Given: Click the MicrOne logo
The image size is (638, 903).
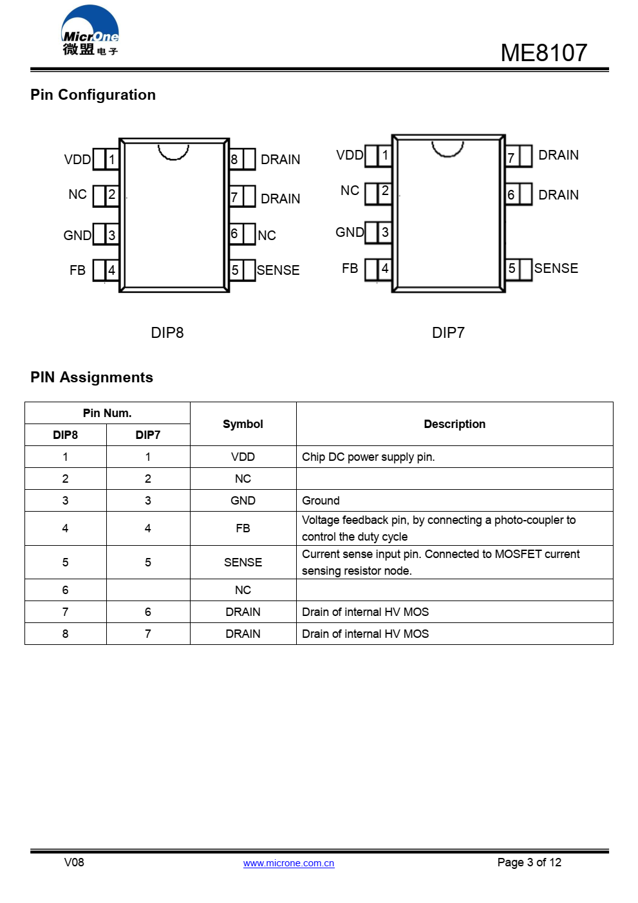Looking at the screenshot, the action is [89, 30].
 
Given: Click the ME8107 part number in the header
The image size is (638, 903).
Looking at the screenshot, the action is [543, 52].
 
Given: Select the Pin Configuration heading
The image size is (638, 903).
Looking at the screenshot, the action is [93, 95].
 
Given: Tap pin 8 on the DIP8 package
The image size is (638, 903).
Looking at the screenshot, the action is [242, 159].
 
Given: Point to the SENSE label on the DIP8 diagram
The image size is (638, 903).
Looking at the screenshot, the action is [278, 270].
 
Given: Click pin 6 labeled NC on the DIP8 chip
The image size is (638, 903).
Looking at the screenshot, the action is [242, 234].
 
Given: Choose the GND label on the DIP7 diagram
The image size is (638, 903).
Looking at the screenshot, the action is [349, 232].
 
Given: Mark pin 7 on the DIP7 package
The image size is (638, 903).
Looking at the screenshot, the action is [519, 156].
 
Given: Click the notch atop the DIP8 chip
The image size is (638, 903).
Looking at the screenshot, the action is [173, 153].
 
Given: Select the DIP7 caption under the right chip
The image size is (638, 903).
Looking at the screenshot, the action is [448, 333].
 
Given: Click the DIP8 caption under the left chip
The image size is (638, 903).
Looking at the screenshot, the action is [167, 333].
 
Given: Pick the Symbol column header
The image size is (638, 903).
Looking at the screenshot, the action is [243, 424].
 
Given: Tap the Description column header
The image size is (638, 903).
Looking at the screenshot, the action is [455, 424].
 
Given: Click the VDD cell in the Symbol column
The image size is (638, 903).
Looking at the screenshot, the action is [243, 457].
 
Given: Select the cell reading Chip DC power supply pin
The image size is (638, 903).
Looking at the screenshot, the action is [455, 457].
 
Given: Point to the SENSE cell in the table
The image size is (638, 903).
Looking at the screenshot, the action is [243, 563].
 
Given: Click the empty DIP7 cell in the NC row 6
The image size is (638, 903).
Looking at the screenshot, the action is [148, 590].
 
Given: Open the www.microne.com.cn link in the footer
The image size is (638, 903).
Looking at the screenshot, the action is [289, 863].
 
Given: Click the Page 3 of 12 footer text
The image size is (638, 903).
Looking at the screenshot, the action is [529, 862].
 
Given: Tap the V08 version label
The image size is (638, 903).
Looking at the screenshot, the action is [74, 862].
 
